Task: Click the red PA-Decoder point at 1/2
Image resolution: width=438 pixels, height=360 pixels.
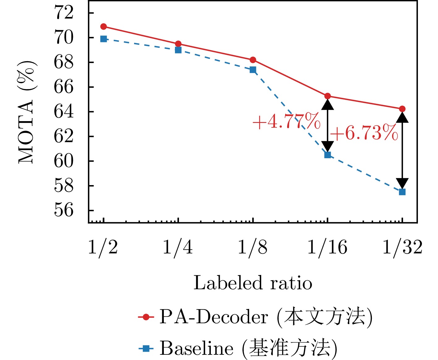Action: (x=104, y=27)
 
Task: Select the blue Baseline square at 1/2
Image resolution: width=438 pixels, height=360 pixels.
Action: (x=104, y=39)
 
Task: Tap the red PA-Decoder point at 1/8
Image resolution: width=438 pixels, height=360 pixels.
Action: (x=253, y=60)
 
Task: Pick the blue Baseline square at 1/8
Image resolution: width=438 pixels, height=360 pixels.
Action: (x=253, y=70)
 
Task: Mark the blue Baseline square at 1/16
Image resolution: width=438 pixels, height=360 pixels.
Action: (x=328, y=155)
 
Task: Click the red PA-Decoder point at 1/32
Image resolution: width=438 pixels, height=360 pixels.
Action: (x=402, y=109)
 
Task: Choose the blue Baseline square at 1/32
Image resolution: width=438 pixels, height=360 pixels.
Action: (x=402, y=192)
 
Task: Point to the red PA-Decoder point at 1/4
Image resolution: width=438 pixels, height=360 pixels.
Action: (x=178, y=44)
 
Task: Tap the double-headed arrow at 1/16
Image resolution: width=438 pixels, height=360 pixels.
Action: (x=328, y=125)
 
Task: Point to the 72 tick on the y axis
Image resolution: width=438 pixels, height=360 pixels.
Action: (x=64, y=13)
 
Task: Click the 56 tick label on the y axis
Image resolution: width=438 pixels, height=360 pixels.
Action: (x=64, y=210)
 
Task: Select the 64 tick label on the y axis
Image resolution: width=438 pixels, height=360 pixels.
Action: (x=64, y=112)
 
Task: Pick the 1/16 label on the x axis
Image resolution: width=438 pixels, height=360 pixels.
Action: (x=327, y=248)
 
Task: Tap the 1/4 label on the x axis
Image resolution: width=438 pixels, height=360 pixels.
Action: (x=178, y=248)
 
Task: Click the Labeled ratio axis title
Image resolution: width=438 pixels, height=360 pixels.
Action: (x=253, y=283)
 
